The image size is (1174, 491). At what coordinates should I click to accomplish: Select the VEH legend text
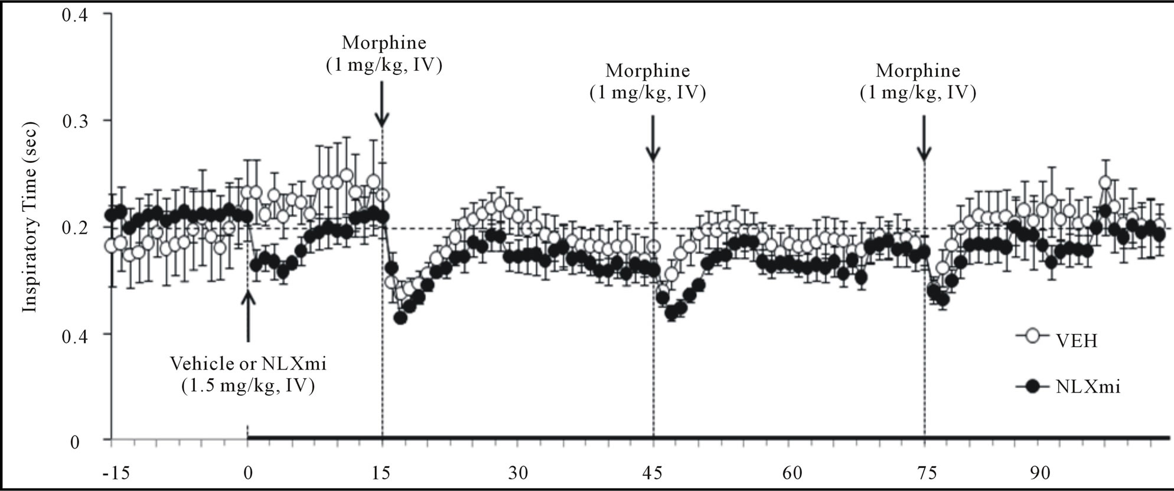1076,342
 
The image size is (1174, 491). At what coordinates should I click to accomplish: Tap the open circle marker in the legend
1033,336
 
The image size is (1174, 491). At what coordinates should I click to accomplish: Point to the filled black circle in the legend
1033,387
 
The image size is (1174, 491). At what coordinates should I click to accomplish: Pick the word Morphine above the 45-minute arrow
648,71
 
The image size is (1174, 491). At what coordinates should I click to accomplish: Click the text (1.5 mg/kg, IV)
248,387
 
